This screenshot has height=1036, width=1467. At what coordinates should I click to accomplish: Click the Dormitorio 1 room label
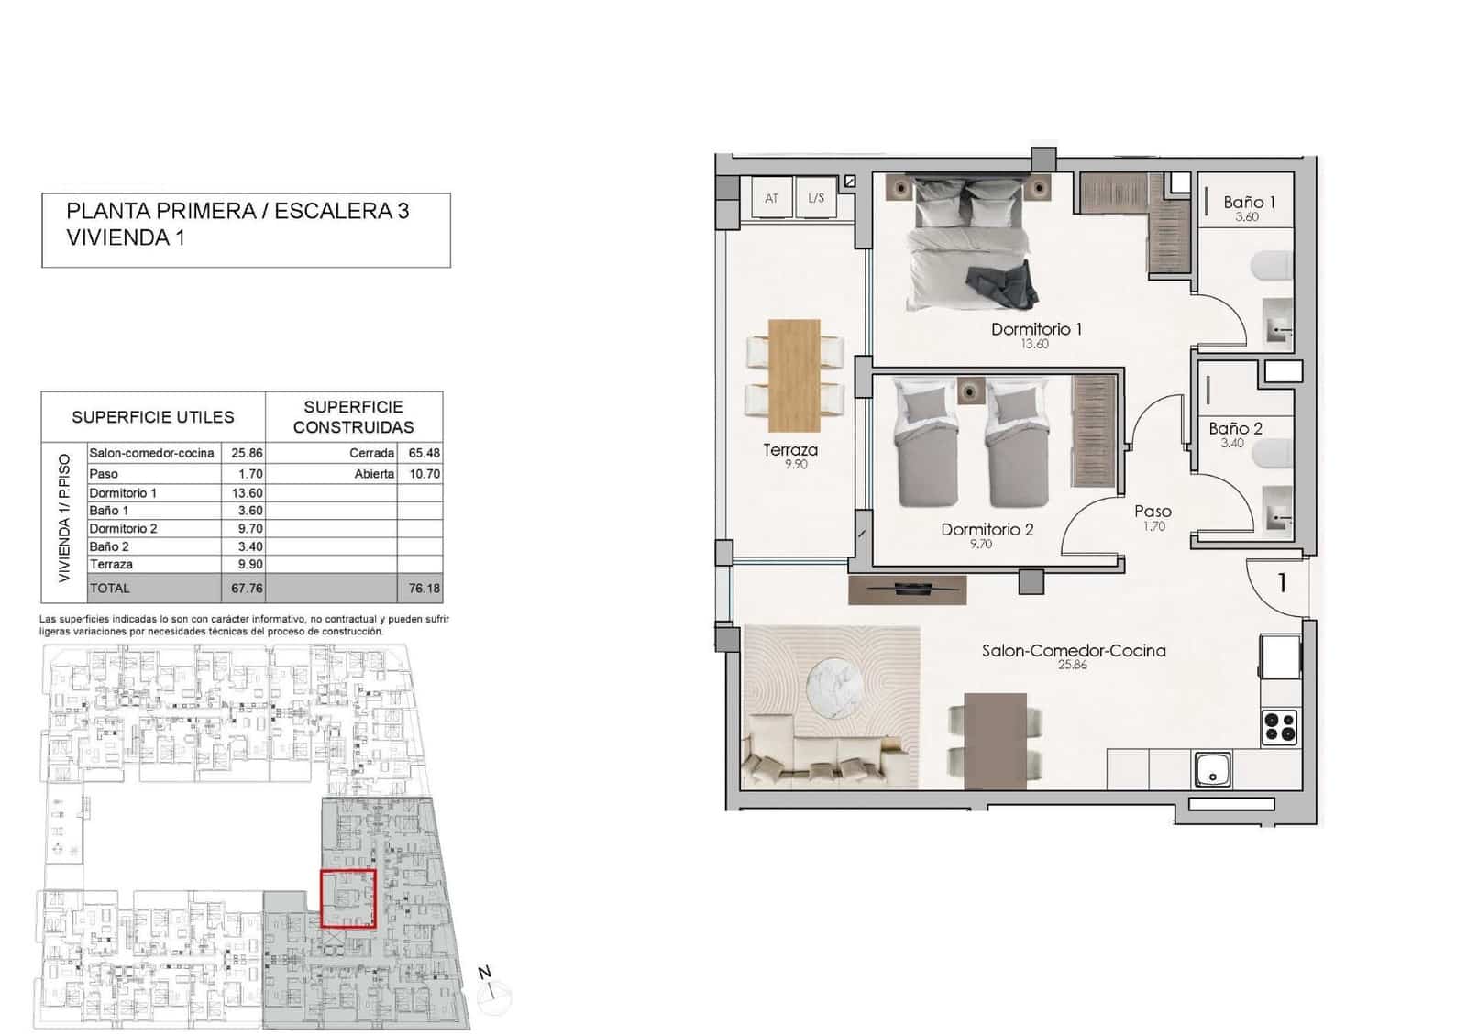tap(1036, 329)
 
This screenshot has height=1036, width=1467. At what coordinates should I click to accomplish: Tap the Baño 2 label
tap(1235, 428)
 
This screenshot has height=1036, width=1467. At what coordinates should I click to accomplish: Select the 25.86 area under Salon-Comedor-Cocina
tap(1072, 665)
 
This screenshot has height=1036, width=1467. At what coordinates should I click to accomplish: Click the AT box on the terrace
tap(771, 198)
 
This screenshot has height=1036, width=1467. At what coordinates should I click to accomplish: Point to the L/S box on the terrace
tap(815, 198)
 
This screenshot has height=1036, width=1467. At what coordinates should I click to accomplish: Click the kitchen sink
tap(1213, 769)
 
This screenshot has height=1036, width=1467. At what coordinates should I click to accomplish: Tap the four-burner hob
tap(1280, 726)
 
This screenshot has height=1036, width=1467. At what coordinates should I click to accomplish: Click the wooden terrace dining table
tap(793, 375)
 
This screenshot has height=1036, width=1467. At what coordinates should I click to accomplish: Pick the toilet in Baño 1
tap(1273, 267)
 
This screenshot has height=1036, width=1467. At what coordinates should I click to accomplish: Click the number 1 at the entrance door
tap(1282, 582)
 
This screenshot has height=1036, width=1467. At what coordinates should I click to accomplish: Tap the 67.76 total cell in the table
tap(247, 589)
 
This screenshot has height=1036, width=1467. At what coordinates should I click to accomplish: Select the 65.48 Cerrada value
tap(424, 453)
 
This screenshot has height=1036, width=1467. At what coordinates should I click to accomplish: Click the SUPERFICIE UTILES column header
tap(153, 417)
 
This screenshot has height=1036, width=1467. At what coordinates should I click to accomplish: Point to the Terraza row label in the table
tap(111, 565)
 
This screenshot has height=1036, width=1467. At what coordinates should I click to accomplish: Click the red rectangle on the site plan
tap(347, 898)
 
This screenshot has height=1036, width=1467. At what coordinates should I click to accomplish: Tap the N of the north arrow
tap(485, 973)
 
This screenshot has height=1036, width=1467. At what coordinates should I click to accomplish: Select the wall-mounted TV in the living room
tap(907, 590)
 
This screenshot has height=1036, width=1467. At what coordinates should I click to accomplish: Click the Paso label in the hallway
tap(1153, 512)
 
